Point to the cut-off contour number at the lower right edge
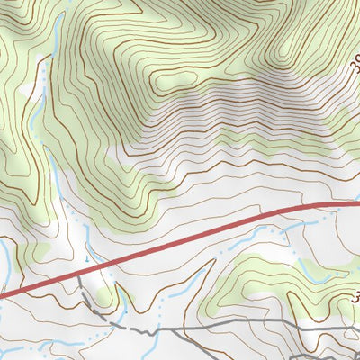(x=355, y=298)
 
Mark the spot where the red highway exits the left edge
(x=2, y=293)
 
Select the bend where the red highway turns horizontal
(x=315, y=206)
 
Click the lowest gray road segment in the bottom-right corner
(x=333, y=356)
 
